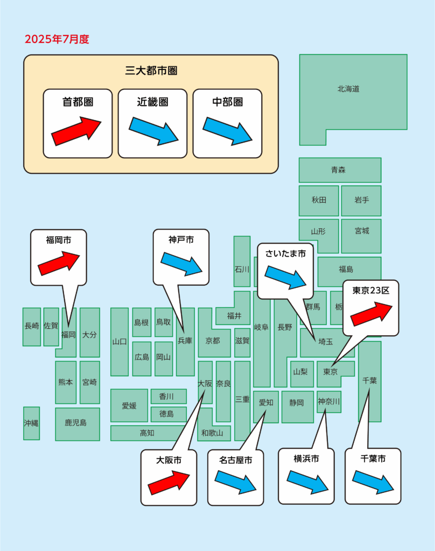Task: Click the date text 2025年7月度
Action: [x=57, y=39]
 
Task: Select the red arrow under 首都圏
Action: [x=76, y=131]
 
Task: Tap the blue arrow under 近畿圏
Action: [x=153, y=131]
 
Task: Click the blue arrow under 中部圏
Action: [x=227, y=131]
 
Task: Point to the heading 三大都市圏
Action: [x=151, y=70]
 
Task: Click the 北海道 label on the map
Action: [x=348, y=89]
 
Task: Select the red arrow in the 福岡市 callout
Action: [x=58, y=263]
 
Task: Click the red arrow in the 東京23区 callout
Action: [x=371, y=314]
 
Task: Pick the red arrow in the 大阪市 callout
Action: [x=169, y=482]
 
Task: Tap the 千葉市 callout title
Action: [x=373, y=459]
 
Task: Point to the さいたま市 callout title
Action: [x=285, y=253]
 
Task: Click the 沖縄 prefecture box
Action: [x=31, y=423]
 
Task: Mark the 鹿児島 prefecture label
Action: [x=75, y=423]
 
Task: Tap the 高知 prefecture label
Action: [x=148, y=433]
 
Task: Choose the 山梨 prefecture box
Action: [x=301, y=372]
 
